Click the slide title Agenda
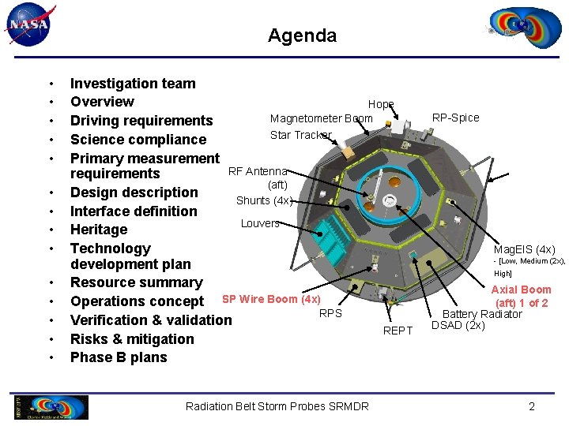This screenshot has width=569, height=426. (302, 35)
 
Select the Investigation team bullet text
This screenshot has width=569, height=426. (133, 83)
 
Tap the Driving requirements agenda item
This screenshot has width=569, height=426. (141, 121)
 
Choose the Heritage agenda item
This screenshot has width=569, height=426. (99, 230)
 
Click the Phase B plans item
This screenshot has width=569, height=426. (119, 357)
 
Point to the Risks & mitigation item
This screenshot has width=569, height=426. (132, 339)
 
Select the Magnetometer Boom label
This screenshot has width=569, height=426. (321, 118)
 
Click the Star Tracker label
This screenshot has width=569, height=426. (300, 135)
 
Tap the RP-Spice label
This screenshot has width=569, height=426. (455, 118)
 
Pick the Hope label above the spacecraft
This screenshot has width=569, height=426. (380, 104)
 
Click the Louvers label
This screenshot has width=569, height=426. (260, 223)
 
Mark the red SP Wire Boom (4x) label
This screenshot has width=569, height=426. (271, 299)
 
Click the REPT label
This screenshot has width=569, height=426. (398, 331)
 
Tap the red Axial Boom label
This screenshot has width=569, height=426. (521, 290)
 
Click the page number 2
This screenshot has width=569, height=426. (531, 406)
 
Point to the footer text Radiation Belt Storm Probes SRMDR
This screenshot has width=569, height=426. (277, 406)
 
